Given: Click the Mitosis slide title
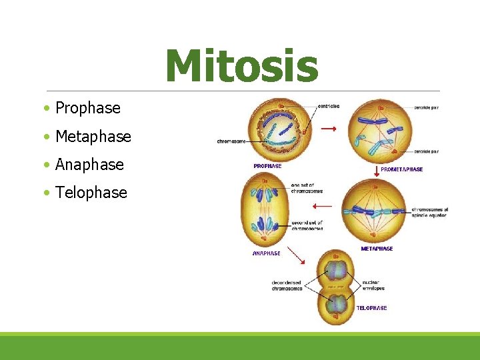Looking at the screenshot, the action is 241,66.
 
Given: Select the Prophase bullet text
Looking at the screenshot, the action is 88,108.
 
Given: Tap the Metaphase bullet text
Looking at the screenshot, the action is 93,137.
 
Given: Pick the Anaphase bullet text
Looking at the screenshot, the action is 89,165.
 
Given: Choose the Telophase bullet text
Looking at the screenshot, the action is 91,193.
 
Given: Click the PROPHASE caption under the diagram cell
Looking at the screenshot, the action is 267,166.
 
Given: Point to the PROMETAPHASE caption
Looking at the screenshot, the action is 401,169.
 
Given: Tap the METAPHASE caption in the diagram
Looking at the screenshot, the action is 377,249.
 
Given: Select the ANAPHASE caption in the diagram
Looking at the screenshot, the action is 266,253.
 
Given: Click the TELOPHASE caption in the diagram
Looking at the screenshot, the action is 371,308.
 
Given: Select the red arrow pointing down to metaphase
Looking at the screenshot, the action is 377,172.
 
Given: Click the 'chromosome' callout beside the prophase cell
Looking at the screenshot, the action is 231,141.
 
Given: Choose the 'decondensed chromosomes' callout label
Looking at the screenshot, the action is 287,285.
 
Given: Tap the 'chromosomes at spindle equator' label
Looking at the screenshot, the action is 430,213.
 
